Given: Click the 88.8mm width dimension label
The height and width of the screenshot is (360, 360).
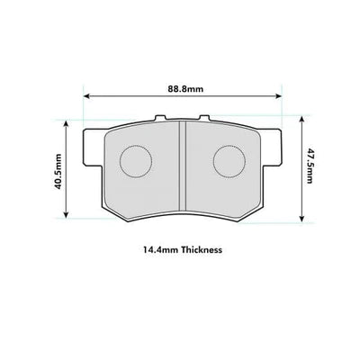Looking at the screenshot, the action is click(185, 89).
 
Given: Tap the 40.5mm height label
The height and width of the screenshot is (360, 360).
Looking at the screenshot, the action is click(58, 171).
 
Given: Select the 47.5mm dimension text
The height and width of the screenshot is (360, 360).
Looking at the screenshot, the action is click(310, 166).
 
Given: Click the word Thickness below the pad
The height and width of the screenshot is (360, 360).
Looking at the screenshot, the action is click(202, 249).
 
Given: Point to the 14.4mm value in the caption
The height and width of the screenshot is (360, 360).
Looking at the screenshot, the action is click(160, 249).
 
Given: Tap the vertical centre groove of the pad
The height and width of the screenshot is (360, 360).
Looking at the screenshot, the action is click(183, 166).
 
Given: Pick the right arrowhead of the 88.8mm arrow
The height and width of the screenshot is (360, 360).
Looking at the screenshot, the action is click(279, 96).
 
